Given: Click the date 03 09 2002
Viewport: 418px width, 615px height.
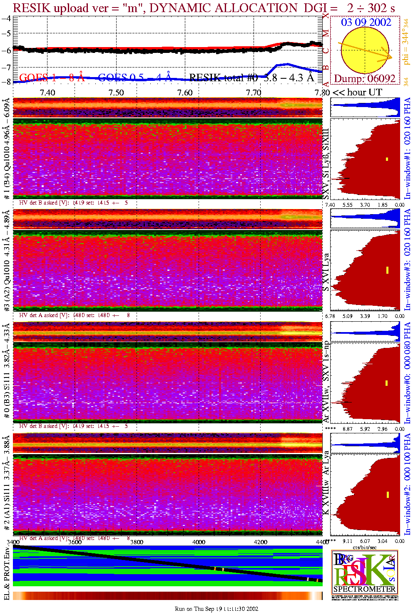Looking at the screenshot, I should [366, 22].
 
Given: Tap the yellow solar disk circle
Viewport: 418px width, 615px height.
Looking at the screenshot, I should [365, 50].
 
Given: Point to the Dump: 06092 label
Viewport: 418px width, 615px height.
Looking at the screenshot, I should [365, 79].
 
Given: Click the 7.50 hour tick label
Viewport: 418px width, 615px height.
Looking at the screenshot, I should [116, 92].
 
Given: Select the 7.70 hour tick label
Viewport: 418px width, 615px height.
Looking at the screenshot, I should [254, 92].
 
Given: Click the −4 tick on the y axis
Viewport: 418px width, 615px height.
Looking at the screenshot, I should [6, 19].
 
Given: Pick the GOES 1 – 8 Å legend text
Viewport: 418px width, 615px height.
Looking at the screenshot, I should [52, 77].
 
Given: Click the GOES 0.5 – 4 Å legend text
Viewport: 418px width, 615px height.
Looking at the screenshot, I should [135, 77].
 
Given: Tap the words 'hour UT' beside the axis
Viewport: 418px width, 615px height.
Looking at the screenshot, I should [364, 92].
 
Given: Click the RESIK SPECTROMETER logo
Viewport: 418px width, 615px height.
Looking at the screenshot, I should [365, 572].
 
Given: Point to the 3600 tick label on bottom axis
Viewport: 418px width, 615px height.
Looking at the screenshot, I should [75, 542].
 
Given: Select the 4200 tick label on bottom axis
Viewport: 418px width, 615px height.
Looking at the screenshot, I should [261, 542].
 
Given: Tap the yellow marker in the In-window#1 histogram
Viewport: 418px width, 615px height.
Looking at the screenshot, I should [387, 159].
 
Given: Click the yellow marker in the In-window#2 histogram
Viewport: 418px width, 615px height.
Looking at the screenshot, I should [388, 495].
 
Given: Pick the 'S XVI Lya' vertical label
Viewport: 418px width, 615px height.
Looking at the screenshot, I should [326, 272].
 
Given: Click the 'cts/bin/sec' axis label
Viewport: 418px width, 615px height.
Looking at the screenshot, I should [365, 547].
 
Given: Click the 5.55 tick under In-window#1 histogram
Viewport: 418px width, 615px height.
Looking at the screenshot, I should [347, 205].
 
